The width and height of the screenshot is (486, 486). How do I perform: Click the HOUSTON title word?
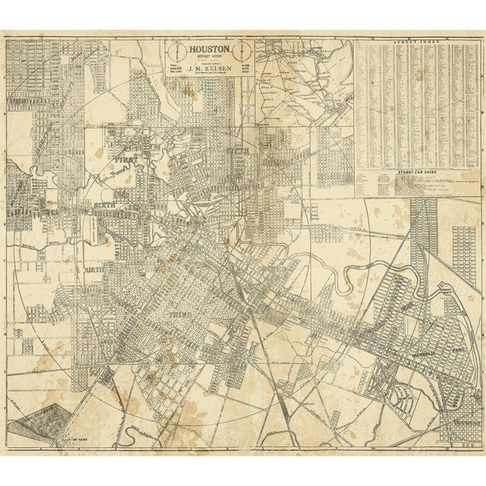[211, 49]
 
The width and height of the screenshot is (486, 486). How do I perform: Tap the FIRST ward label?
[127, 162]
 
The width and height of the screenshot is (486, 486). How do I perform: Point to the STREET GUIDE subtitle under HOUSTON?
[211, 58]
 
